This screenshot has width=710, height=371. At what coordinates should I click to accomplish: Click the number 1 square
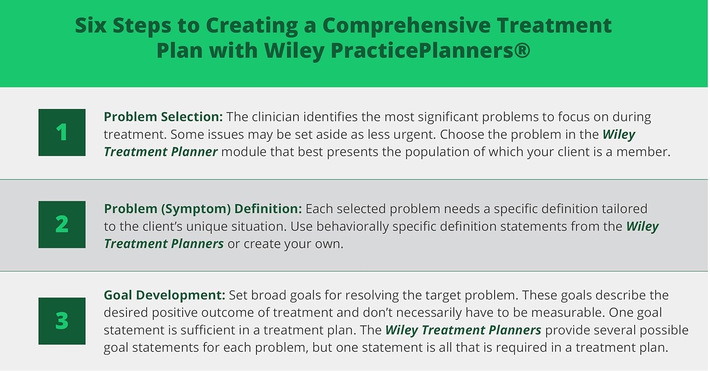click(x=62, y=132)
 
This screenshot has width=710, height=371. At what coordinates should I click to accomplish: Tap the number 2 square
click(x=62, y=224)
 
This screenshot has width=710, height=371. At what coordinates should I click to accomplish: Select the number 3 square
click(x=62, y=321)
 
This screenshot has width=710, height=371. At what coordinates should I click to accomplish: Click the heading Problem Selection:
click(x=163, y=117)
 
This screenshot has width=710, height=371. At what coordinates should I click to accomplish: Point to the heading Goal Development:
click(x=164, y=295)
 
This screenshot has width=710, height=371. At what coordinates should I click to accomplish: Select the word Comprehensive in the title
click(x=414, y=26)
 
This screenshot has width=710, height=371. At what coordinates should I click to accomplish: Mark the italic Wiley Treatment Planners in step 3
click(x=463, y=330)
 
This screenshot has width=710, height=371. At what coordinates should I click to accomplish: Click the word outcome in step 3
click(x=284, y=313)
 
